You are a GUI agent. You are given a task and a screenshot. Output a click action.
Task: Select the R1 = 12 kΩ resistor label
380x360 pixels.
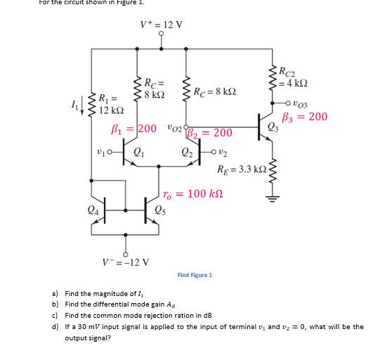pyautogui.click(x=112, y=104)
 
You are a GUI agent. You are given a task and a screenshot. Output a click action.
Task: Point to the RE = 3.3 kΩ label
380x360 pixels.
pyautogui.click(x=242, y=169)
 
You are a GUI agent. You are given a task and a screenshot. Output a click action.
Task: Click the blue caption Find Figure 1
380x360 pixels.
pyautogui.click(x=195, y=275)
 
